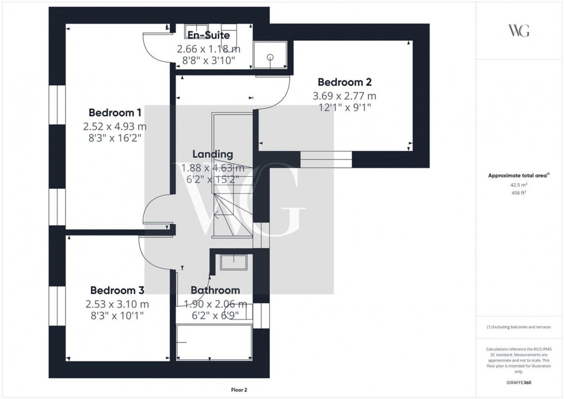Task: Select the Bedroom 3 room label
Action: (117, 291)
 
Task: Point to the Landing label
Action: (212, 154)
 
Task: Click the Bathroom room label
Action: (215, 291)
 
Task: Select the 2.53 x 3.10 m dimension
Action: (117, 304)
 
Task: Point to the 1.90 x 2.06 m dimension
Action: (215, 304)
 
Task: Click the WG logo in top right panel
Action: (519, 31)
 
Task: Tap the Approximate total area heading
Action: (519, 176)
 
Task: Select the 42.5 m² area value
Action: (519, 185)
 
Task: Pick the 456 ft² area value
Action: (519, 193)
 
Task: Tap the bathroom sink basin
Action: (234, 263)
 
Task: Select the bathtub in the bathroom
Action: (214, 343)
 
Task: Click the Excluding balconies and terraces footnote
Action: (519, 327)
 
